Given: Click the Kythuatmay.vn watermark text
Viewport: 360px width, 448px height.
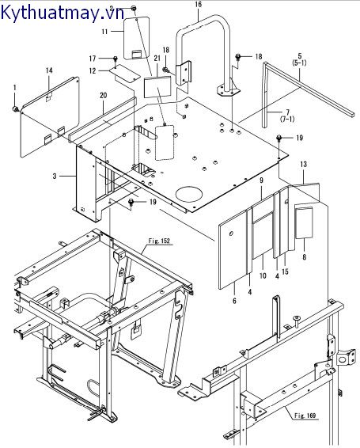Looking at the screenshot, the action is click(x=63, y=13).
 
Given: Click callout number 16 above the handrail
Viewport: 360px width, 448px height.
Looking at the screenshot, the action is click(x=198, y=4).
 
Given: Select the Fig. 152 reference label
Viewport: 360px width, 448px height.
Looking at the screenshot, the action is click(x=159, y=241).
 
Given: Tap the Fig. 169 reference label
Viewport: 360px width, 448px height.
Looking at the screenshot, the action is click(x=305, y=415).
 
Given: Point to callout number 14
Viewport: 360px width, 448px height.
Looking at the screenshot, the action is click(x=49, y=70).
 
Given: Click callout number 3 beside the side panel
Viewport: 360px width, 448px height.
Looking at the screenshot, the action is click(x=55, y=176).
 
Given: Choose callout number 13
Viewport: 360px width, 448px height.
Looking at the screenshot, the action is click(x=304, y=164).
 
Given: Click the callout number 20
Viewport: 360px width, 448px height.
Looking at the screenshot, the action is click(x=104, y=95).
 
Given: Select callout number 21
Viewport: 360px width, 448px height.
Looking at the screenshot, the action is click(x=157, y=59).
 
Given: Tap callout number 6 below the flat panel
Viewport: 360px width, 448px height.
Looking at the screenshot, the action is click(x=234, y=301).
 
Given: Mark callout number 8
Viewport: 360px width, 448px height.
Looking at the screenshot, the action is click(x=305, y=257).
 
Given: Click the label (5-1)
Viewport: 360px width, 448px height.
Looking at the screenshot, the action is click(x=299, y=63).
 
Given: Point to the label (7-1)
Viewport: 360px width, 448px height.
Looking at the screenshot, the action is click(x=288, y=119).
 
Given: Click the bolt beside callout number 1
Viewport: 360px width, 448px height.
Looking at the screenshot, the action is click(x=16, y=109).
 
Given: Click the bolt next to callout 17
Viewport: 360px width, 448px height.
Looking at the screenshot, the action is click(x=116, y=59).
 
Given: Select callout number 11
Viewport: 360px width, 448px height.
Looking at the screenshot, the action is click(x=104, y=31).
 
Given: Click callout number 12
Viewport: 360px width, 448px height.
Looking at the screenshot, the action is click(x=93, y=70).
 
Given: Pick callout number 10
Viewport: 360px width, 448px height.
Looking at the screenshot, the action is click(x=263, y=275).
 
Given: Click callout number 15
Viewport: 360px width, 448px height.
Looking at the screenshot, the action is click(x=285, y=271).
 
